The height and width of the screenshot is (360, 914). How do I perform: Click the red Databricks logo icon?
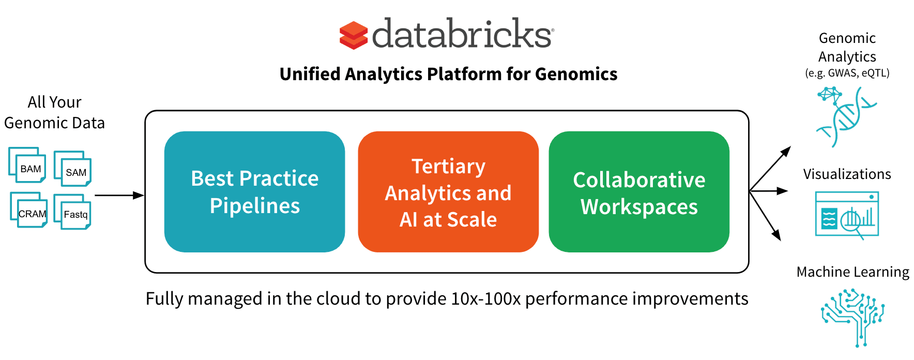click(353, 35)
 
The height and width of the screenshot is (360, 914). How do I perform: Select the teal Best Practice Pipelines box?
click(254, 192)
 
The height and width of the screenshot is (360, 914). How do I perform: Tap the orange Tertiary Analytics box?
click(448, 192)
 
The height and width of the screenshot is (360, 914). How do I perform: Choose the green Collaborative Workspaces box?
click(639, 192)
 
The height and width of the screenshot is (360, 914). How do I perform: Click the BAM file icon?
click(27, 166)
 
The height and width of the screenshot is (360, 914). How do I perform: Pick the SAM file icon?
click(72, 169)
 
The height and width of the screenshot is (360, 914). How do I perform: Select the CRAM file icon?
click(29, 210)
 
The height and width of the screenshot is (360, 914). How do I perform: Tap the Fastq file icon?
click(72, 212)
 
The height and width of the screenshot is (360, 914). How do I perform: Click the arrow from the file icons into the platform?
click(119, 196)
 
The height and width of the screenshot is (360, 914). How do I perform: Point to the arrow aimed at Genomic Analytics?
click(770, 169)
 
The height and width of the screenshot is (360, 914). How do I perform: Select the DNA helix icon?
click(846, 117)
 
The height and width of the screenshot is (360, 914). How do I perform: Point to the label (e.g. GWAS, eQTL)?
click(847, 73)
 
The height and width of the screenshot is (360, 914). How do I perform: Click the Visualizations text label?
click(847, 174)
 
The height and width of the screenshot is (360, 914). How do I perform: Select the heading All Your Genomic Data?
click(54, 112)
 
